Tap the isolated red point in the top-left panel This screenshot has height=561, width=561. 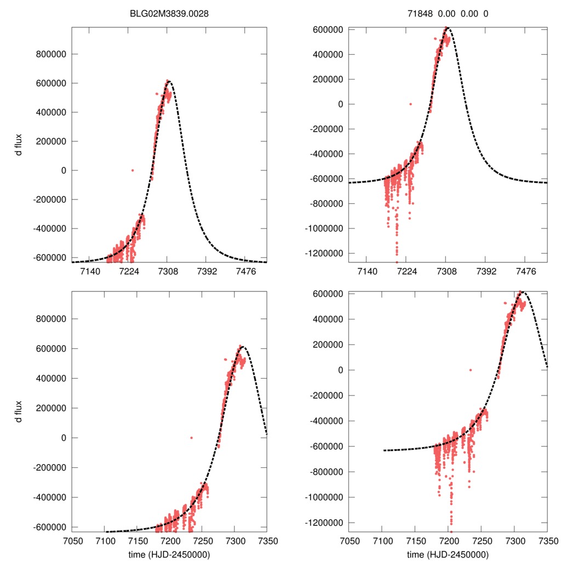tap(132, 170)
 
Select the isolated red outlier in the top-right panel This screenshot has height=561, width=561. tap(410, 104)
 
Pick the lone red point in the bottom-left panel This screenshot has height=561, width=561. tap(191, 438)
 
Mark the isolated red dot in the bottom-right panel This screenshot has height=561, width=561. tap(470, 370)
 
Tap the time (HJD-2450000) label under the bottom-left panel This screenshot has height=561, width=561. tap(169, 554)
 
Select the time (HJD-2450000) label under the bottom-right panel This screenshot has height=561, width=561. tap(448, 554)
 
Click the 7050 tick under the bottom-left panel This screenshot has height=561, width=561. tap(72, 541)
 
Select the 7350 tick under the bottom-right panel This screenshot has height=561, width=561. tap(547, 541)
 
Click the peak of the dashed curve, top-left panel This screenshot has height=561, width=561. tap(169, 82)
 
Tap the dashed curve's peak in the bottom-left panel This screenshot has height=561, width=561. tap(243, 347)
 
